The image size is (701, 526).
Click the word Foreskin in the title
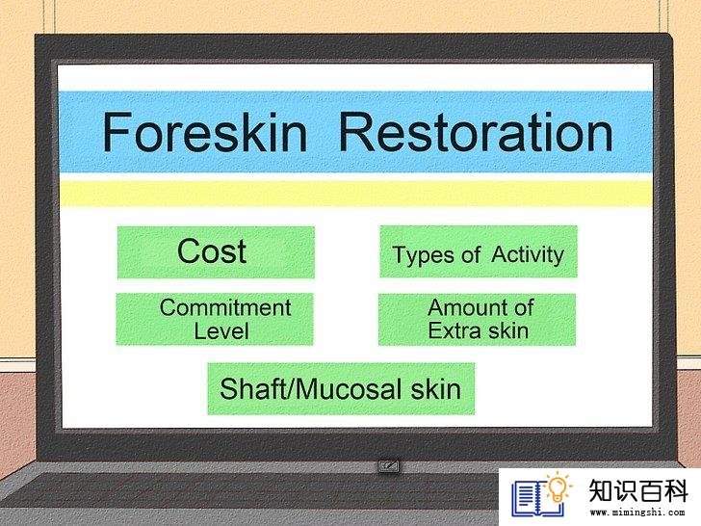[205, 132]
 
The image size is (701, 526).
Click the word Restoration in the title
[476, 132]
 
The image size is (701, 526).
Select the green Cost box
[216, 252]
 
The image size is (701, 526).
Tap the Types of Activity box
[479, 251]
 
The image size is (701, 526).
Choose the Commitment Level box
[215, 319]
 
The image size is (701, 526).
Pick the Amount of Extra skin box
[477, 320]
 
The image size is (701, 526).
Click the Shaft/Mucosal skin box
[341, 388]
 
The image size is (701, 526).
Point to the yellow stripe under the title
[356, 194]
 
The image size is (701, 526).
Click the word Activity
[528, 255]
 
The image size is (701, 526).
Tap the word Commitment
[225, 307]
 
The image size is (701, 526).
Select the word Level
[221, 331]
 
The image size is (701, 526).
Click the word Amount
[462, 307]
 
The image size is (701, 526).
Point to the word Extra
[455, 331]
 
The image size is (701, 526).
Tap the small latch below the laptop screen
[388, 466]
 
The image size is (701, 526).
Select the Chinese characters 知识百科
[638, 490]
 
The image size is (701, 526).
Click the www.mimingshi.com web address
[637, 513]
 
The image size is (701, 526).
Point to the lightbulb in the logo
[558, 487]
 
